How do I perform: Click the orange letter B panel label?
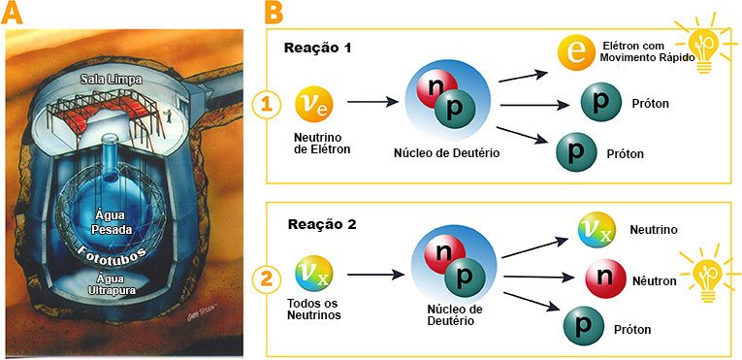[x=274, y=14]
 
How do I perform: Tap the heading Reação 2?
[x=319, y=224]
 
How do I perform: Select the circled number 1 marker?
[x=269, y=102]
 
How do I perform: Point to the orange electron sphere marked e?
[x=576, y=53]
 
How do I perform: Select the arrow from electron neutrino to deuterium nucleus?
[x=374, y=100]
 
